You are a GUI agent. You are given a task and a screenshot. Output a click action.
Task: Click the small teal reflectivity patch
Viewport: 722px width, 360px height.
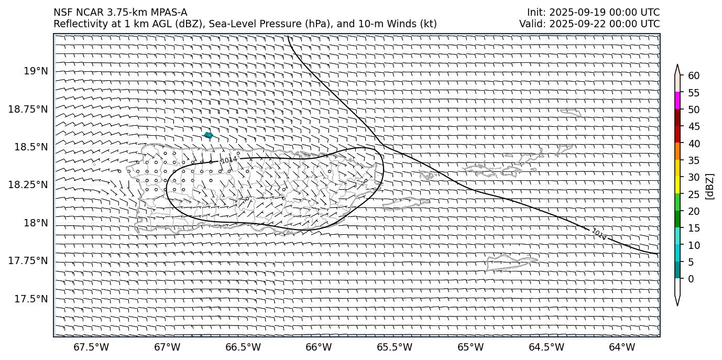click(x=208, y=135)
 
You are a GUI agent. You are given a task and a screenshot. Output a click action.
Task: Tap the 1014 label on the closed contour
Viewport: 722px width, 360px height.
click(x=228, y=159)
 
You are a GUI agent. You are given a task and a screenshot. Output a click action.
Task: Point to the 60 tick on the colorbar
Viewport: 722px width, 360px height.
click(x=694, y=76)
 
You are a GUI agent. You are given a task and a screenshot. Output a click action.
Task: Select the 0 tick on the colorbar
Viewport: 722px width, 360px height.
click(x=691, y=279)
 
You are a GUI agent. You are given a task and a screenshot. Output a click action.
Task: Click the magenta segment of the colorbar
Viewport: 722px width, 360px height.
click(x=677, y=101)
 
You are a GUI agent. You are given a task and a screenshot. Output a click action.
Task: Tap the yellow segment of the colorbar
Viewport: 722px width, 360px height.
click(x=677, y=186)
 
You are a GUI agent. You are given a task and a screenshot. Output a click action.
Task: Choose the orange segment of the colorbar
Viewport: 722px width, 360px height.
click(x=677, y=152)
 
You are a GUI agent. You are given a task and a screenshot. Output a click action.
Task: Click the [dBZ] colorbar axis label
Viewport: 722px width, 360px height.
click(x=710, y=186)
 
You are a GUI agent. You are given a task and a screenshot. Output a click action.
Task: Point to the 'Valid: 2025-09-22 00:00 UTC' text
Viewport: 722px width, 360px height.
click(x=589, y=24)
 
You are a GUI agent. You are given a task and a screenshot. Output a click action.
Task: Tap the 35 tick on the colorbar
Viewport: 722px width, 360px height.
click(x=694, y=160)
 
